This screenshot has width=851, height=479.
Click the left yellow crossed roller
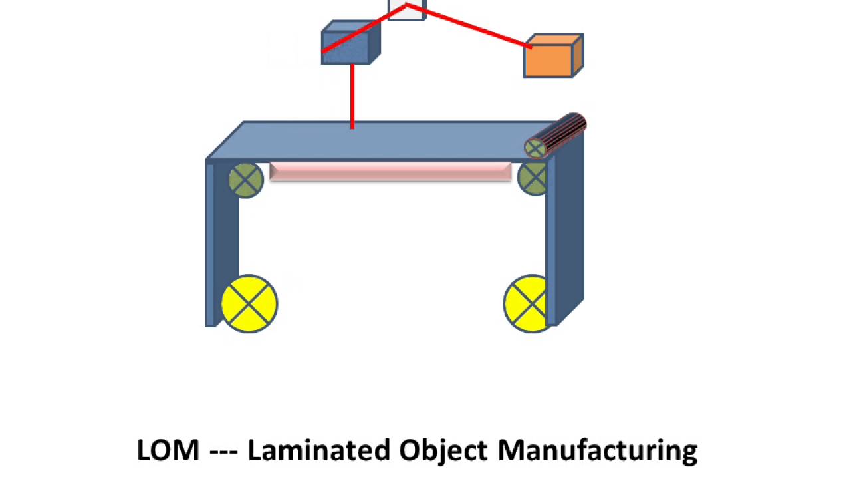click(x=249, y=303)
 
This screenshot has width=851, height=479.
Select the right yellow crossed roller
click(x=527, y=303)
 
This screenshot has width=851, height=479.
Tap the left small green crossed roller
click(x=245, y=180)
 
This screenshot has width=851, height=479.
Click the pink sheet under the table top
click(x=390, y=172)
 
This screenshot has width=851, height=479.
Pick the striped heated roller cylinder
click(x=562, y=132)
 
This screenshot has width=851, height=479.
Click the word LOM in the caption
click(x=168, y=450)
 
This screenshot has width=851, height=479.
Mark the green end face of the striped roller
click(x=536, y=148)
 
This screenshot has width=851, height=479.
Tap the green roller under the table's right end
click(x=533, y=178)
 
